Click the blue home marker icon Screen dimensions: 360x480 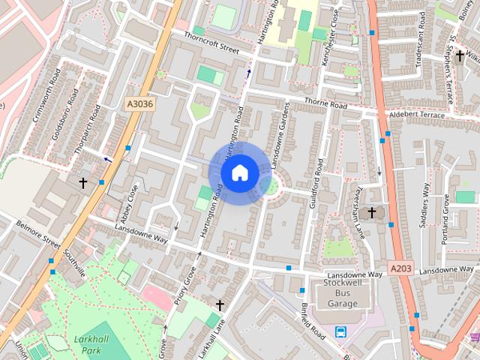point(239,172)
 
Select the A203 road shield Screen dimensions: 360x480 point(401,268)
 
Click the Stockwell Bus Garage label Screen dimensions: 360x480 point(346,293)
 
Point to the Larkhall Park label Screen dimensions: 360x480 point(93,345)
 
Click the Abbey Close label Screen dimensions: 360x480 point(129,200)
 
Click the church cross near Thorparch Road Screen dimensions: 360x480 point(82,182)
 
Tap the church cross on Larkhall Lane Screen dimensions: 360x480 point(220,304)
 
